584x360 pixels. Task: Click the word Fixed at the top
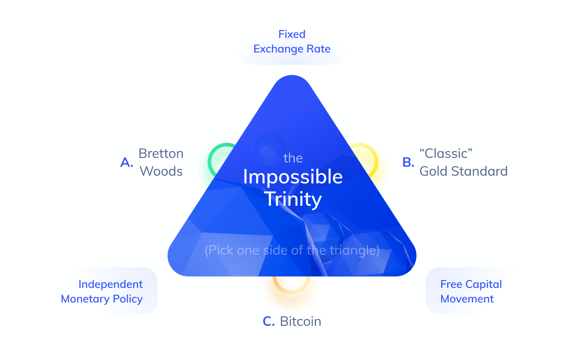(292, 34)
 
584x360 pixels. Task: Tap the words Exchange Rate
(292, 49)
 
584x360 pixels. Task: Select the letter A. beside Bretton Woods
(127, 162)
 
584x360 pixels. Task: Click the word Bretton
(161, 153)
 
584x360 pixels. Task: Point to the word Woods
(161, 171)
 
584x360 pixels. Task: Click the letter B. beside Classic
(408, 162)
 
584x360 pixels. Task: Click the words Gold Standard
(463, 171)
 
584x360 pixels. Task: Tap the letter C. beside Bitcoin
(269, 321)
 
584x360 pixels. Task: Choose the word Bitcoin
(300, 321)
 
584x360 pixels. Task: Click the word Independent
(110, 284)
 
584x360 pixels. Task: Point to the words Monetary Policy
(102, 299)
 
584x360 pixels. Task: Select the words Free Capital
(471, 284)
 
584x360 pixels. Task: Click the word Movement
(467, 299)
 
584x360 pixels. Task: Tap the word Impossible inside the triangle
(292, 177)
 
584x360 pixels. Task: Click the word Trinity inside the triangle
(292, 198)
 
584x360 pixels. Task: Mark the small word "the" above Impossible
(293, 158)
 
